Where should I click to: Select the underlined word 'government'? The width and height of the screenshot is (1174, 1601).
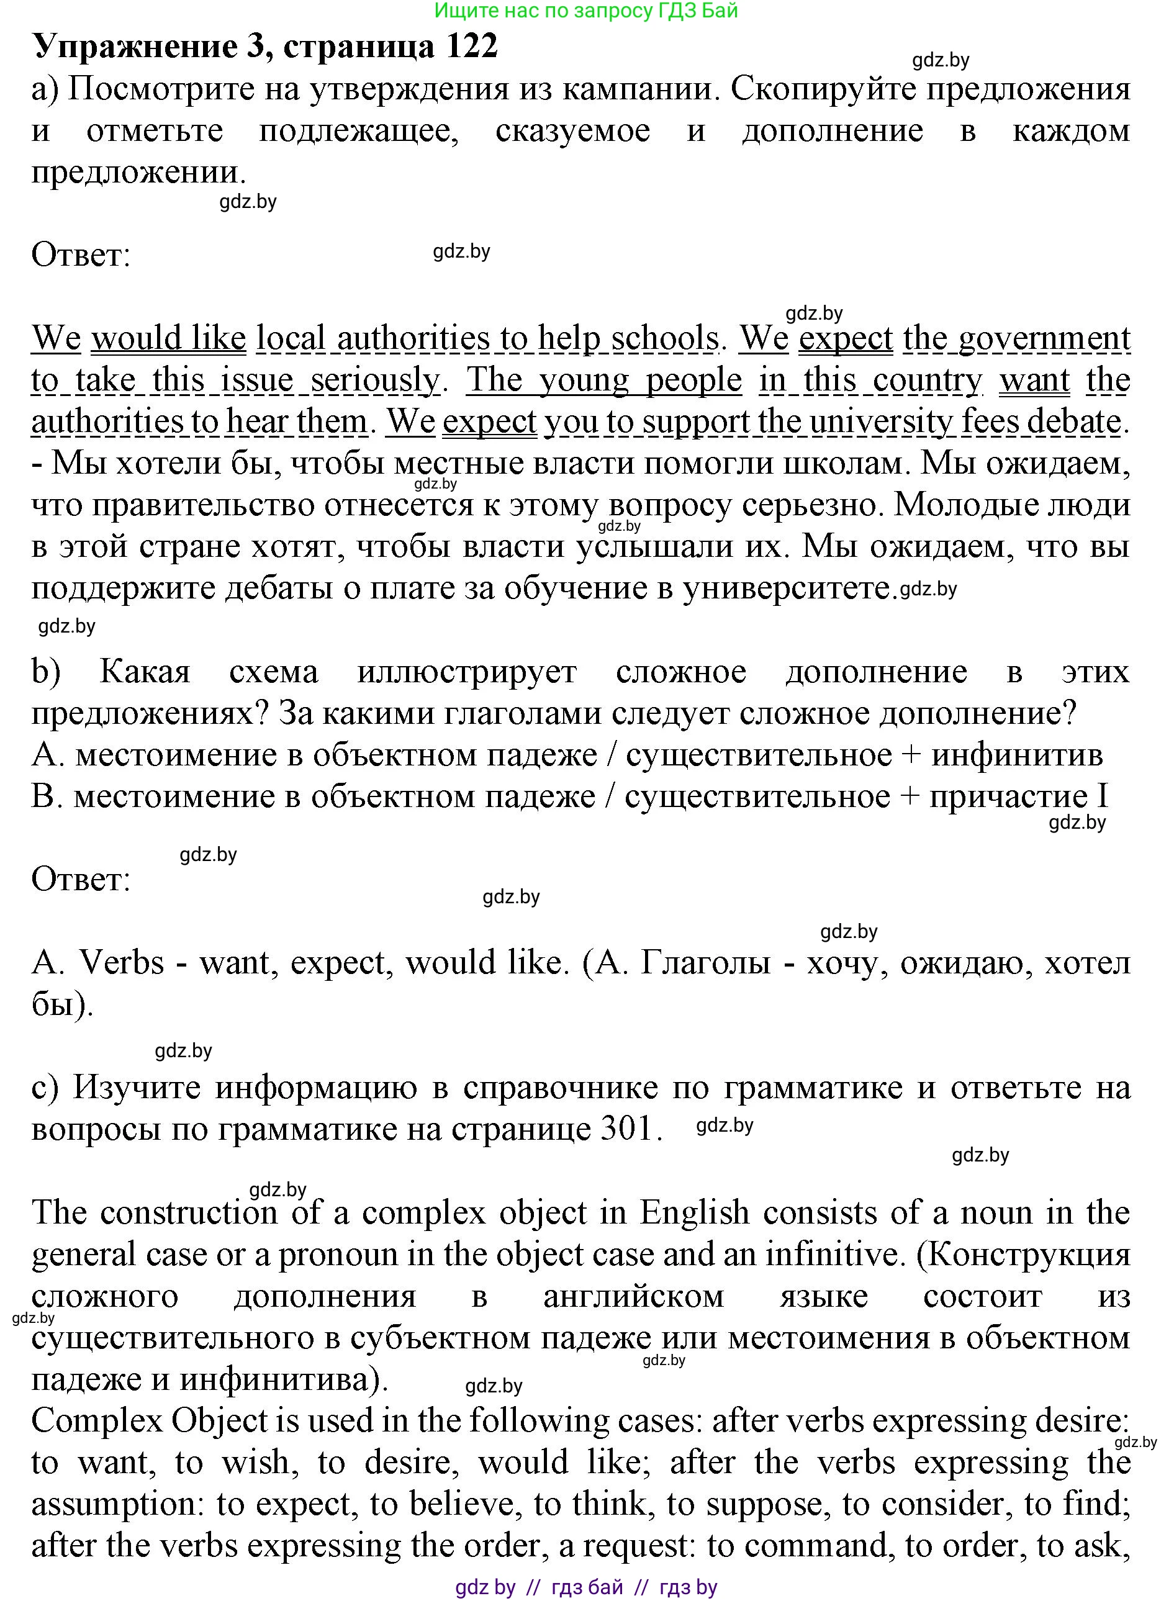[x=1044, y=338]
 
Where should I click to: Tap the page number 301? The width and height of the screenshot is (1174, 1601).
[x=627, y=1129]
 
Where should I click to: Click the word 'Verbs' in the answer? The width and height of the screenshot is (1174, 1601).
[x=122, y=963]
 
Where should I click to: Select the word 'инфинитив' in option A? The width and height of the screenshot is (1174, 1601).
[x=1017, y=755]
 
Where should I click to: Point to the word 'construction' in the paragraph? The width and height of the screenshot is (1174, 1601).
[x=188, y=1213]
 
